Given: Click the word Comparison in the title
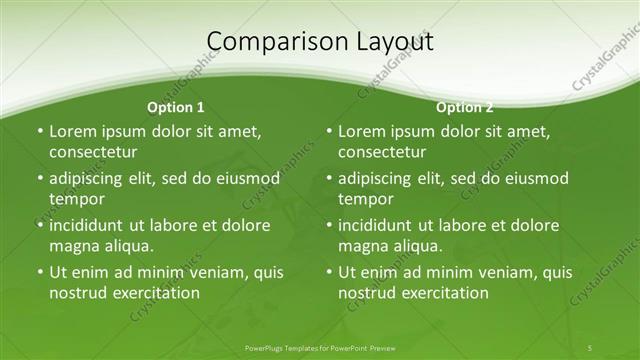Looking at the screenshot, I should point(269,42).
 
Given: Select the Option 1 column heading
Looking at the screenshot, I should point(176,107).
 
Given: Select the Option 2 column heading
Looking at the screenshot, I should point(465,107).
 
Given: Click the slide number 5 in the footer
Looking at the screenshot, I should point(590,347).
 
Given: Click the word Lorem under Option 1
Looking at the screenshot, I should point(73,131).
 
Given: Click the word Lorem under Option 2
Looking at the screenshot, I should point(362,131).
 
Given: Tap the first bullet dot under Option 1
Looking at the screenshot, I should point(39,132).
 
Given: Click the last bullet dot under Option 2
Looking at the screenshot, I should point(328,273).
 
